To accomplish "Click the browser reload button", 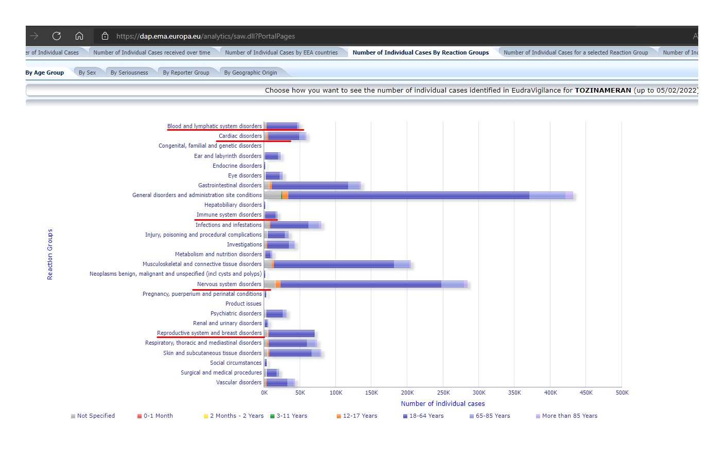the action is point(57,36).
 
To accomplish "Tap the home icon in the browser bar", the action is point(79,36).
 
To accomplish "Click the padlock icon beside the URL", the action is point(105,36).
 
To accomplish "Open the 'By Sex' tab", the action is point(87,73).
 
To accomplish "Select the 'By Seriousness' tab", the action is point(129,73).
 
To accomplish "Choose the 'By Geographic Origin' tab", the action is point(250,73).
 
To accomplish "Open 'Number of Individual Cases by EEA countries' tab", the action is point(281,52).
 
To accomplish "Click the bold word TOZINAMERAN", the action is point(603,91).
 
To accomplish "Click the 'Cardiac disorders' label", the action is point(240,136).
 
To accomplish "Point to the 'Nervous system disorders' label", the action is point(229,284).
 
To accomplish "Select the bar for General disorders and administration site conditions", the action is point(419,196).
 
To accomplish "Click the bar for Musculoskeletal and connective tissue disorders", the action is point(337,264).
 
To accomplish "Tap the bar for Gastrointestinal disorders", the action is point(312,186).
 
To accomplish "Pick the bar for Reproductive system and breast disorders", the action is point(289,333).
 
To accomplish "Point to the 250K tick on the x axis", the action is point(443,393).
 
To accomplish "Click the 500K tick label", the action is point(622,393).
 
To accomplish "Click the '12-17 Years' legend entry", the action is point(357,416).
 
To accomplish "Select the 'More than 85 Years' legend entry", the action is point(566,416).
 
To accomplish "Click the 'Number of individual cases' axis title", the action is point(443,403).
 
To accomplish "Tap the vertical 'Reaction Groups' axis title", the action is point(50,254).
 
